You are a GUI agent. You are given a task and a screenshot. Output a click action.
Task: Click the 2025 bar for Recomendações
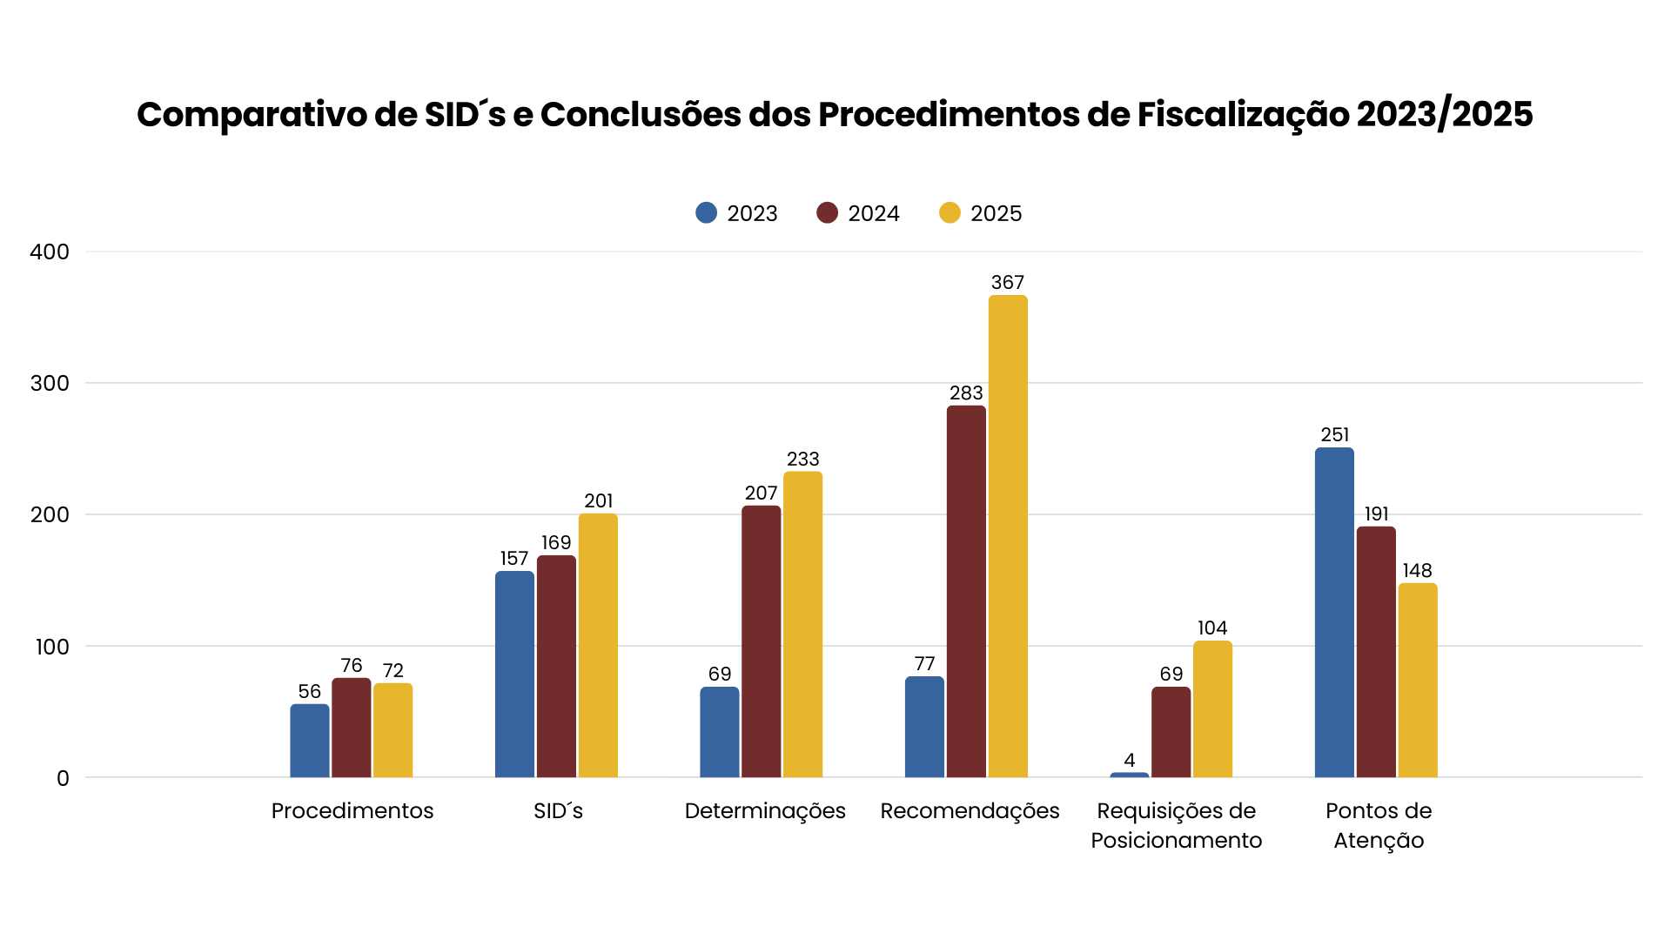[x=1008, y=536]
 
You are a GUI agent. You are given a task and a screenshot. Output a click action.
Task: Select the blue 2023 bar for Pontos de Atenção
[x=1334, y=613]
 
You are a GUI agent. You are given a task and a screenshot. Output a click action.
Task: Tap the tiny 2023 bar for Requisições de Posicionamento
[x=1130, y=775]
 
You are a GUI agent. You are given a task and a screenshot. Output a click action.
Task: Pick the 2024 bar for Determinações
[x=762, y=641]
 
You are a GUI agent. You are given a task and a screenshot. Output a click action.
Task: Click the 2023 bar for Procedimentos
[x=310, y=741]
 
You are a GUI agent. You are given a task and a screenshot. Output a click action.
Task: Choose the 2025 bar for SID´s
[x=598, y=646]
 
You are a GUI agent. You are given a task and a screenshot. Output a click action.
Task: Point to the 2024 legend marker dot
[x=827, y=213]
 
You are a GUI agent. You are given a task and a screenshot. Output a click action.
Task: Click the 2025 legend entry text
[x=996, y=213]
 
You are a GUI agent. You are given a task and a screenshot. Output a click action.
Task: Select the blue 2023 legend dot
[x=707, y=213]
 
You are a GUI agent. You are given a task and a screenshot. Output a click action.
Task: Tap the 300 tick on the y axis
[x=50, y=383]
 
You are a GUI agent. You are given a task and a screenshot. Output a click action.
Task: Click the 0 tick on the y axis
[x=63, y=778]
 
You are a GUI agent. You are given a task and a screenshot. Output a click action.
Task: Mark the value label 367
[x=1008, y=283]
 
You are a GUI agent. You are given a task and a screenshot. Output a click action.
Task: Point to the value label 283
[x=966, y=393]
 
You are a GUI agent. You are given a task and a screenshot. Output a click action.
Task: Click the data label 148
[x=1417, y=571]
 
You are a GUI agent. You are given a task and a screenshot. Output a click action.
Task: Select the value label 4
[x=1130, y=760]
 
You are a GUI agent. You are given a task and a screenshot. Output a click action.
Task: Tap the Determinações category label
[x=765, y=811]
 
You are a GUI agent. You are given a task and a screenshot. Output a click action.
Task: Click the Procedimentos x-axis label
[x=352, y=811]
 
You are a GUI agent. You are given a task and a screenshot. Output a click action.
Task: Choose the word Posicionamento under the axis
[x=1176, y=841]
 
